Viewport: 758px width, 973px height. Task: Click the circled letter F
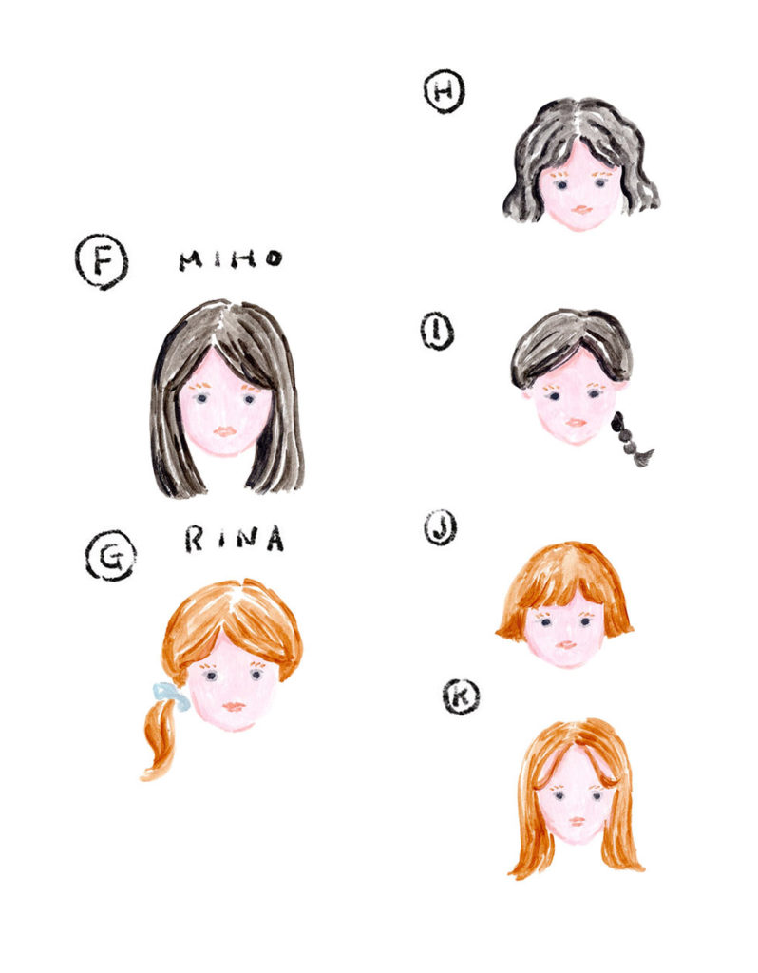102,262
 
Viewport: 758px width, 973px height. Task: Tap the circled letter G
110,556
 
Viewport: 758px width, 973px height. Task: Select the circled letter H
445,91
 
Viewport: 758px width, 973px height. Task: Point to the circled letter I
437,332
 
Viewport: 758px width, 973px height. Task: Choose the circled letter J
441,528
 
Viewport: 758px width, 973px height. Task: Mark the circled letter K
461,696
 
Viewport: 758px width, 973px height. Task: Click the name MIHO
231,259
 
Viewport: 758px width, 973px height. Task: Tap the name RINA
235,539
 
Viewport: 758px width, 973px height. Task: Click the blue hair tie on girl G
172,696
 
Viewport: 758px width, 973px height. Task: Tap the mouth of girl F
224,430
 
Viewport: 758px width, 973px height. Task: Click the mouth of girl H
581,210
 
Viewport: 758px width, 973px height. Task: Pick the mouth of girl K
577,821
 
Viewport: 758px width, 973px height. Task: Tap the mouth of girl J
566,645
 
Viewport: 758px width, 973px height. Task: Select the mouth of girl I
577,422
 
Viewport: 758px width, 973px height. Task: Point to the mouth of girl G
234,706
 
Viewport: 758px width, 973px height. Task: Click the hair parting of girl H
578,124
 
